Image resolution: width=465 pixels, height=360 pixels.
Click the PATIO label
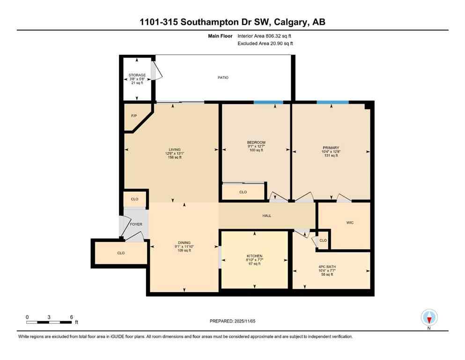(223, 77)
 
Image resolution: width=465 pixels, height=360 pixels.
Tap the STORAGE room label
(137, 75)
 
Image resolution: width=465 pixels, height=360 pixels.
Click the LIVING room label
(174, 150)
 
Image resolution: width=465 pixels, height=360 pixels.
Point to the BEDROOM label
(256, 142)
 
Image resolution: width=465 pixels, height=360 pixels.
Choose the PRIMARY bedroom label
(331, 148)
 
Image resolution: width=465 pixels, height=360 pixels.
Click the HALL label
(266, 216)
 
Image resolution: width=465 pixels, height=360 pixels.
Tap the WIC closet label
(350, 223)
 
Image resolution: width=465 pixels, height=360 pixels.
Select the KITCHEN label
(254, 256)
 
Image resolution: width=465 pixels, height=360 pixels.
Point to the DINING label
(184, 242)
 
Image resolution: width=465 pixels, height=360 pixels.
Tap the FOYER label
(136, 224)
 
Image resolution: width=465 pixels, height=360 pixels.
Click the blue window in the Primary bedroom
(332, 102)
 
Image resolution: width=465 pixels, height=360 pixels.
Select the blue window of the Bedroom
(268, 102)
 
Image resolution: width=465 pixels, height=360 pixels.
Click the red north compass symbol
(429, 318)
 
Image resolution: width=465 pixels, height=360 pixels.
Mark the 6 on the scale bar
(71, 317)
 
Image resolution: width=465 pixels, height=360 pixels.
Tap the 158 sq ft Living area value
(174, 157)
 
